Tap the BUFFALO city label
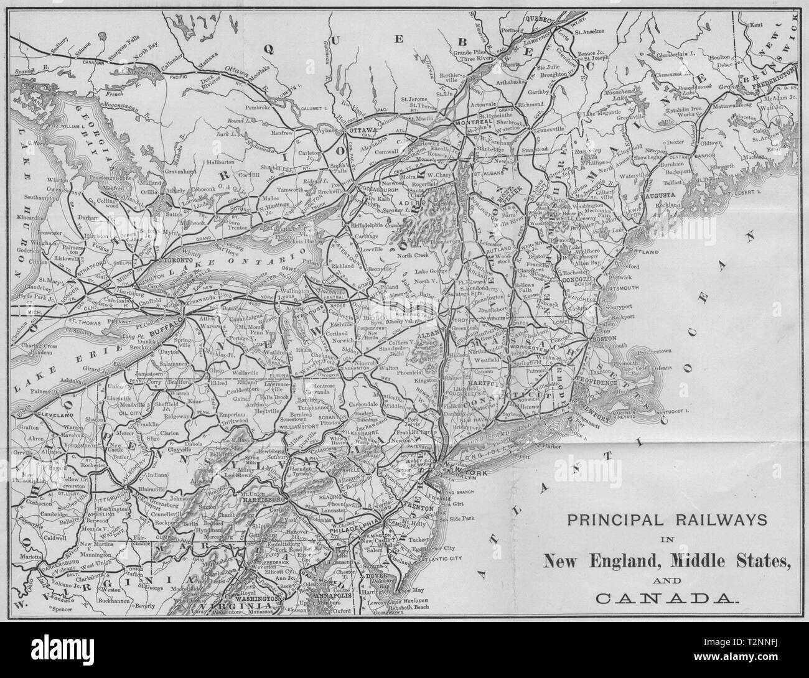pyautogui.click(x=166, y=318)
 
